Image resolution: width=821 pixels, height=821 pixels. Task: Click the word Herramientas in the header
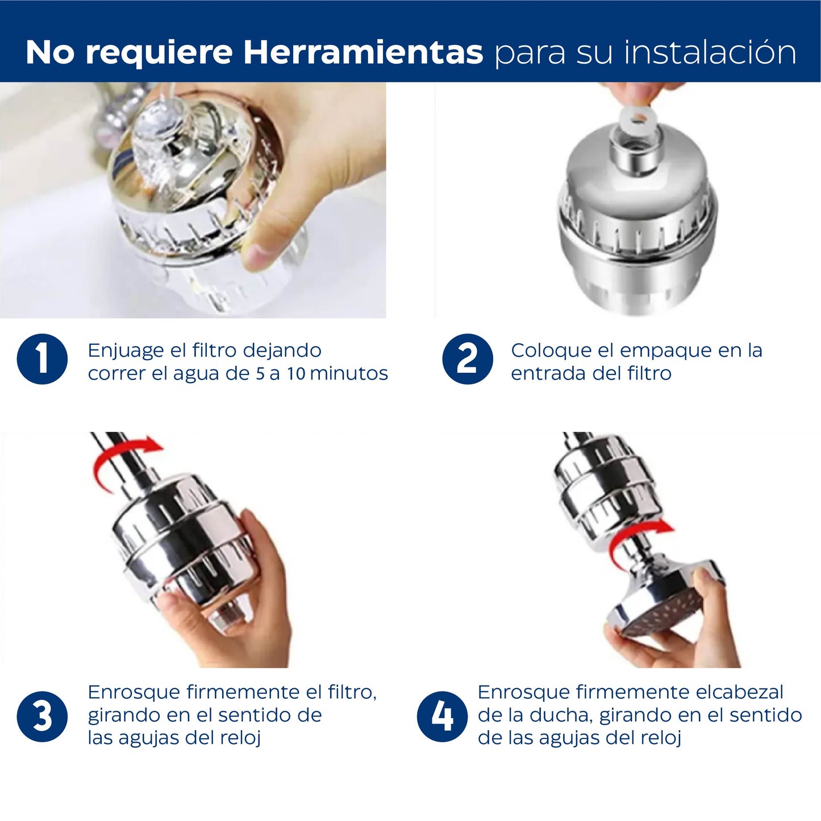pyautogui.click(x=363, y=52)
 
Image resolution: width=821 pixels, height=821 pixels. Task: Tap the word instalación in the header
pyautogui.click(x=710, y=52)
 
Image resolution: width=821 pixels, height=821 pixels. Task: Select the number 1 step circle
pyautogui.click(x=42, y=359)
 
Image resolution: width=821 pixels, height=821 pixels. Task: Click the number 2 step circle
pyautogui.click(x=467, y=359)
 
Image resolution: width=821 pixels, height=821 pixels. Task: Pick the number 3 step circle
pyautogui.click(x=42, y=716)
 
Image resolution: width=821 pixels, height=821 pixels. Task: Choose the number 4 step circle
pyautogui.click(x=442, y=716)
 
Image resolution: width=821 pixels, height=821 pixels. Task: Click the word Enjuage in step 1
pyautogui.click(x=126, y=351)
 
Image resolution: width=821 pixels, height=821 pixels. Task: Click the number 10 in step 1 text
pyautogui.click(x=296, y=373)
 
